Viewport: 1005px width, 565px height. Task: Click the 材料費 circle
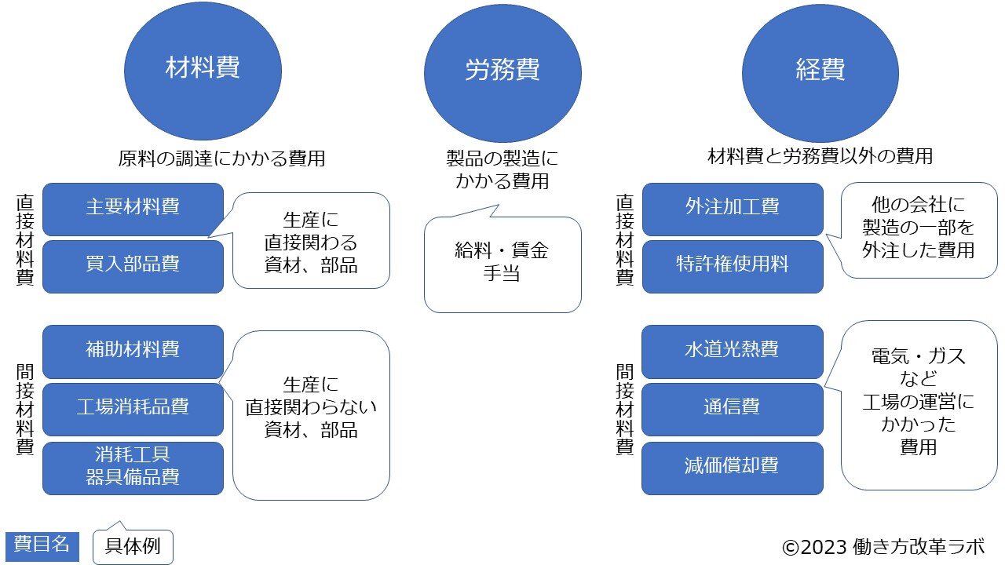(x=203, y=69)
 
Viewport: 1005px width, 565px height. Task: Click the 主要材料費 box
(x=133, y=208)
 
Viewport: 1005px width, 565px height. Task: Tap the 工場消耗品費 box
(x=133, y=408)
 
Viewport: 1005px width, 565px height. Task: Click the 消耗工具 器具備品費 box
(x=133, y=467)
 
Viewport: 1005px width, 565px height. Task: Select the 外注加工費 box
(x=732, y=208)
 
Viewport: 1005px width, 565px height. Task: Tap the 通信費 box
(x=732, y=408)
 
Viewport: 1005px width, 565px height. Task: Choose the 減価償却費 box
(x=732, y=467)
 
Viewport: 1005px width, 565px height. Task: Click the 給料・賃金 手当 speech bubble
(x=502, y=264)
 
